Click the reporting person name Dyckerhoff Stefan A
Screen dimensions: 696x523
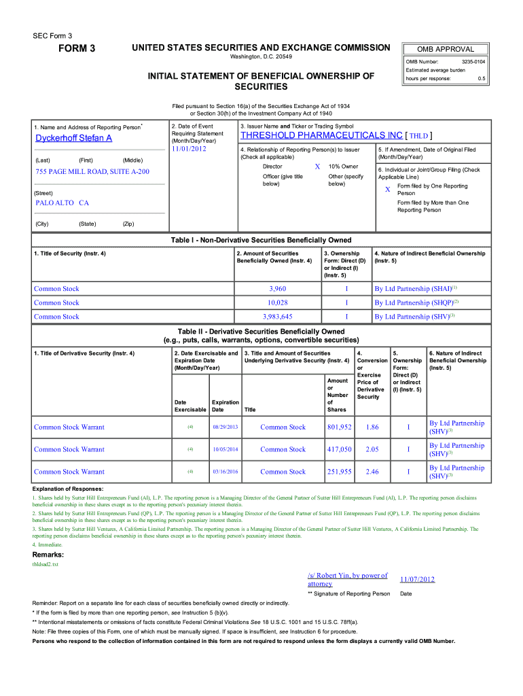(73, 139)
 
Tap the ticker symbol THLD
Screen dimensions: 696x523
(418, 135)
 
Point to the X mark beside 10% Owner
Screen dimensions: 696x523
(317, 167)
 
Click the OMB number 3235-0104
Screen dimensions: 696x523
(473, 62)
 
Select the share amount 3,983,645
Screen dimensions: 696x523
(277, 317)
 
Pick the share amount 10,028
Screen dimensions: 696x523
(277, 302)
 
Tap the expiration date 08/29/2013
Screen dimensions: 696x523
(225, 428)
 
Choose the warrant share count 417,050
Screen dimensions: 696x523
(339, 449)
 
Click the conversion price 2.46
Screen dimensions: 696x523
(372, 472)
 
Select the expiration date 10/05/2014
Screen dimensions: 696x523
(225, 449)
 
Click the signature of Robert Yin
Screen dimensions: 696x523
(347, 579)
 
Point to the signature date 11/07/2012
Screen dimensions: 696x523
(417, 579)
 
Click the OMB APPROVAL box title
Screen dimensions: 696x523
(446, 49)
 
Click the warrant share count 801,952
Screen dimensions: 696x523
(339, 428)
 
